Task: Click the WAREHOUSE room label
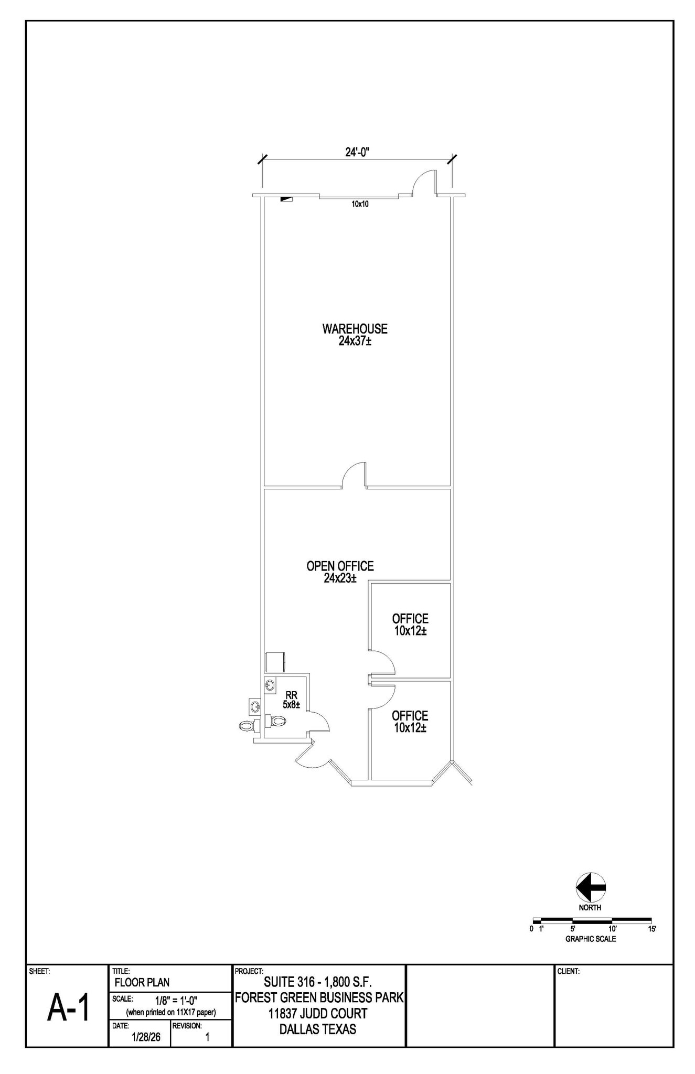coord(355,329)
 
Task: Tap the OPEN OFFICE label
coord(340,566)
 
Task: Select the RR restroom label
coord(292,695)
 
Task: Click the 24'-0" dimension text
coord(358,152)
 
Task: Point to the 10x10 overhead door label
coord(360,204)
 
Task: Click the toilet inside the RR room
coord(275,721)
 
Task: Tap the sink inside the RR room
coord(270,685)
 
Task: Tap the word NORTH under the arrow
coord(590,908)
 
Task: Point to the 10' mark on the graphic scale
coord(612,929)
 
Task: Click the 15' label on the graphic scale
coord(652,929)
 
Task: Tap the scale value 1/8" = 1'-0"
coord(176,1000)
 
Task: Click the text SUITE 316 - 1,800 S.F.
coord(318,982)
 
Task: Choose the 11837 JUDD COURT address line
coord(318,1014)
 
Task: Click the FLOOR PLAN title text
coord(142,982)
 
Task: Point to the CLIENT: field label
coord(568,971)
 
